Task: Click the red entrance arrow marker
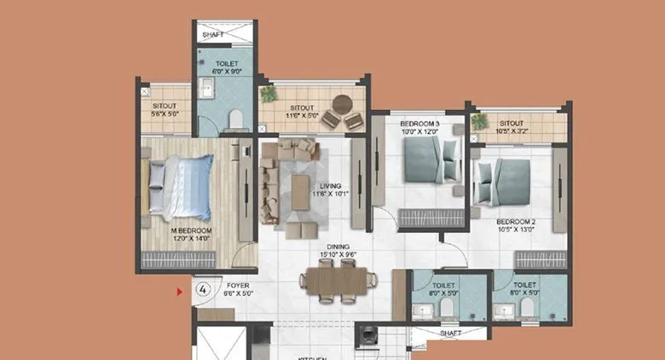pos(180,293)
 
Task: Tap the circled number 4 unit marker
pos(204,289)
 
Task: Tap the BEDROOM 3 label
pos(419,124)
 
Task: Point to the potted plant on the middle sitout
pos(269,91)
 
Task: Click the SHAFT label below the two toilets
pos(451,333)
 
